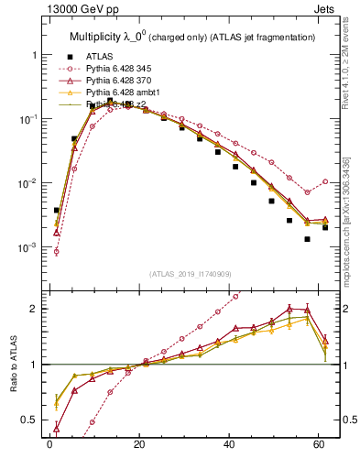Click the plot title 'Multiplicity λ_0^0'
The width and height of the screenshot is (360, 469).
(x=113, y=37)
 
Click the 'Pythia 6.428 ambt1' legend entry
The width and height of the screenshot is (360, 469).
(x=125, y=93)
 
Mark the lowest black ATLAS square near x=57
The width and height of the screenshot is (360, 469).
(x=308, y=239)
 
